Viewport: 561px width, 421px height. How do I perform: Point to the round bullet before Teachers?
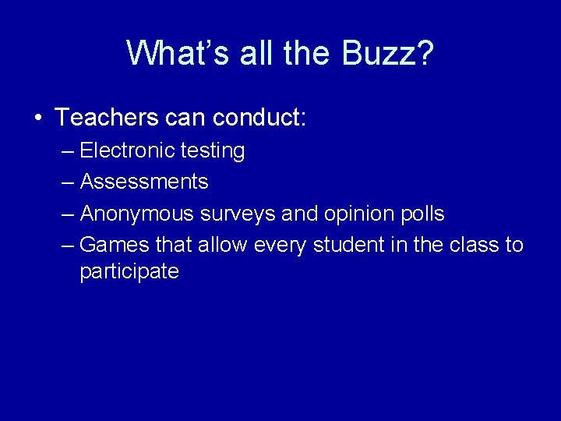pos(38,119)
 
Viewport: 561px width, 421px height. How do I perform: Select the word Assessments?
pos(144,182)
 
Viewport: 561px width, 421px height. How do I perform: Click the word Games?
pos(114,245)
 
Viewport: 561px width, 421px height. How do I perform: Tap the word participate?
pos(129,272)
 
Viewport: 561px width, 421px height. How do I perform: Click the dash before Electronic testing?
pos(67,151)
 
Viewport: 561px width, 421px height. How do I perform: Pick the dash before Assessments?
pos(67,182)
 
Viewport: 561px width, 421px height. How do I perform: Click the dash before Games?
pos(67,246)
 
